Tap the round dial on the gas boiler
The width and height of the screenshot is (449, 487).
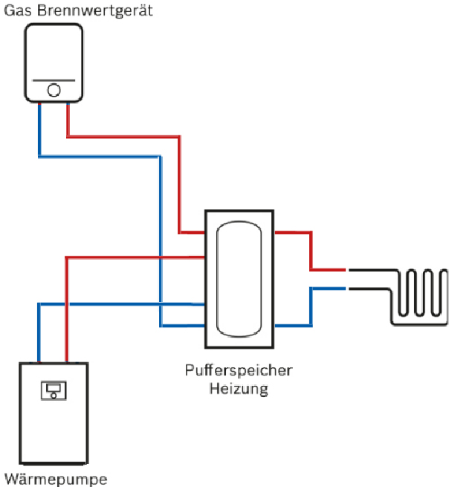point(54,91)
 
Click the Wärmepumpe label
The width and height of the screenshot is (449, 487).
point(56,477)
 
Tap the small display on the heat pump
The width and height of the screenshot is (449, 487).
point(54,390)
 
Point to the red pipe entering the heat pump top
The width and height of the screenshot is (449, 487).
point(67,327)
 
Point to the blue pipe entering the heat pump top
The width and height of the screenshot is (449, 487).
point(39,335)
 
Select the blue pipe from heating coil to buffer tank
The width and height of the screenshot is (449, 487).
point(311,309)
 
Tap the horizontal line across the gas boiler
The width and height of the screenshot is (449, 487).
point(54,81)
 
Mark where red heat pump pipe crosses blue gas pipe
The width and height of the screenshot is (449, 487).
point(161,257)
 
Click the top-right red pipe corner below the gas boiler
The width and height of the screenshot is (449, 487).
point(180,137)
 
